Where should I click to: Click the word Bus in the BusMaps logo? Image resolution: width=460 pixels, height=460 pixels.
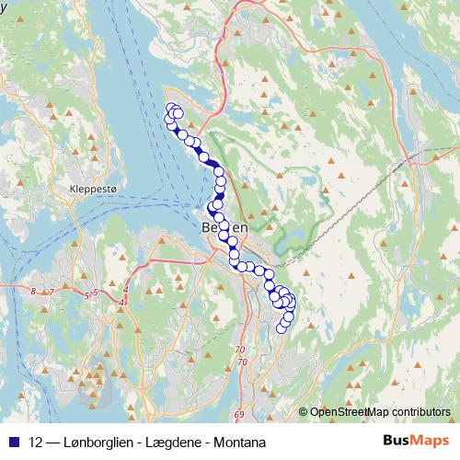(397, 442)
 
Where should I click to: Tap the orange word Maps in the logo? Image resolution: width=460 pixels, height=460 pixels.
(432, 442)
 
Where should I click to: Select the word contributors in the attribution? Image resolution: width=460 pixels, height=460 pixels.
(424, 412)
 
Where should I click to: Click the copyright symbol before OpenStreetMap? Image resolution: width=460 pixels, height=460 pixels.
(303, 412)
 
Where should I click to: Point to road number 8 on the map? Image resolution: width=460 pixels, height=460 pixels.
(33, 292)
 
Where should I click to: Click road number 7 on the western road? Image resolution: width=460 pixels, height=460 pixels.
(52, 293)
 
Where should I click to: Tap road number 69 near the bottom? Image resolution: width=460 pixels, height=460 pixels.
(239, 392)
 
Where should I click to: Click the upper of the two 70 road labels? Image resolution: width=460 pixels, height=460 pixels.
(240, 350)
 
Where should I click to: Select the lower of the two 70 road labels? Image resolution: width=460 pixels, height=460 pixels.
(243, 362)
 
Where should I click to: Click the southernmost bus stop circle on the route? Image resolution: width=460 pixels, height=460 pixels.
(282, 328)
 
